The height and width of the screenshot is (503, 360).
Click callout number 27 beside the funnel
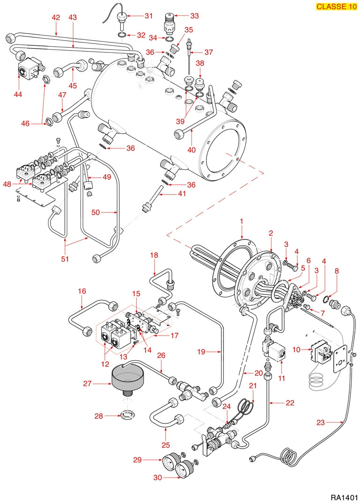(x=88, y=384)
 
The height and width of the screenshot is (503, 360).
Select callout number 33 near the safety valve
(x=194, y=15)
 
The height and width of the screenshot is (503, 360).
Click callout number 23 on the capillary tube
(x=321, y=423)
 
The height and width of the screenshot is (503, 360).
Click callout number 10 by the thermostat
(x=296, y=350)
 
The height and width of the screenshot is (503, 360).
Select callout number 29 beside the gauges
(x=137, y=460)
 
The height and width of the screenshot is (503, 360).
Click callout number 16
(x=82, y=292)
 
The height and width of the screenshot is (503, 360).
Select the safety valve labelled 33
(x=171, y=22)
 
